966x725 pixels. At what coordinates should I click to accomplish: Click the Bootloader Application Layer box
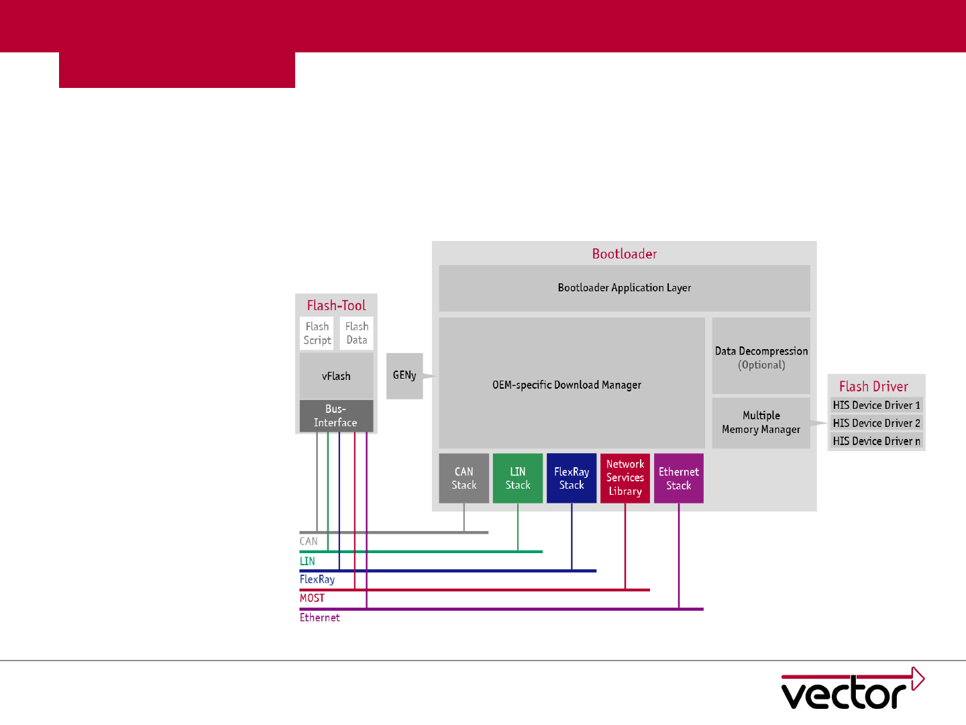coord(624,288)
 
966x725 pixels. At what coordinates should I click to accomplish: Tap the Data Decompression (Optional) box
coord(761,356)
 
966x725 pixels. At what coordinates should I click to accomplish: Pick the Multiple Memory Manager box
coord(761,422)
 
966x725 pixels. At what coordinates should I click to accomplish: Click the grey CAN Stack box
coord(464,478)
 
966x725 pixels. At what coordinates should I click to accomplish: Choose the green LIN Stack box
coord(517,478)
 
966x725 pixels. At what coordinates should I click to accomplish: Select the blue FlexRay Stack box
coord(571,478)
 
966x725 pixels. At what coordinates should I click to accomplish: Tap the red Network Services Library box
coord(625,478)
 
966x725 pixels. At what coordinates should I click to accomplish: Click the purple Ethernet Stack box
coord(678,478)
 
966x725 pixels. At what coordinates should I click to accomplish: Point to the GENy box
coord(405,375)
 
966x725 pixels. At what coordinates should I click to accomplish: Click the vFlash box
coord(336,376)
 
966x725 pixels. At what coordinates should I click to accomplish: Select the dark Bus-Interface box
coord(336,416)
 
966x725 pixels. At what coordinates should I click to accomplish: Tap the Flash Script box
coord(317,333)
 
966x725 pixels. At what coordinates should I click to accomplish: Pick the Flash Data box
coord(356,333)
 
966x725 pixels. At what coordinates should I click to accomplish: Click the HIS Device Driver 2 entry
coord(876,423)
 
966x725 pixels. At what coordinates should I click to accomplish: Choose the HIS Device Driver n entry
coord(876,441)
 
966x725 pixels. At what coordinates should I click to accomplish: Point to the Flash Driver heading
coord(873,387)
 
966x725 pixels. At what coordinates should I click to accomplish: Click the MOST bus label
coord(312,598)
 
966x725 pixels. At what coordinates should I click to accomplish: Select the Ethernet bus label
coord(319,618)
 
